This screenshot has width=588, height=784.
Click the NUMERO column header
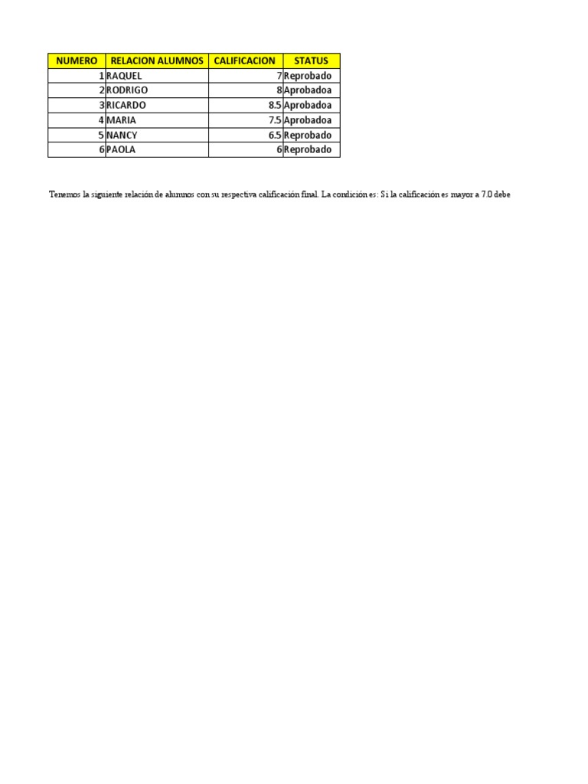[x=77, y=60]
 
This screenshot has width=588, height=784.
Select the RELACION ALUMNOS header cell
[x=157, y=60]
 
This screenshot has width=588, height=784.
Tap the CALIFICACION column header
[x=245, y=60]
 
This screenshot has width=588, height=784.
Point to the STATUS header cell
[x=311, y=60]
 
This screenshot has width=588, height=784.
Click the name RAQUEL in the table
[x=124, y=76]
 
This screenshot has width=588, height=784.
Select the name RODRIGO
[x=127, y=90]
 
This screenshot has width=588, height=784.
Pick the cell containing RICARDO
[x=126, y=105]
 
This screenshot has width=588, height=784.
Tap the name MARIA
[x=121, y=120]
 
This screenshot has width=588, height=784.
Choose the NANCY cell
[x=122, y=135]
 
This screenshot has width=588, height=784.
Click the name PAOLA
[x=121, y=149]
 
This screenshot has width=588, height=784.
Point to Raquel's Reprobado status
[x=308, y=76]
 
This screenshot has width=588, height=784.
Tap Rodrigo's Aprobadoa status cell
[x=308, y=90]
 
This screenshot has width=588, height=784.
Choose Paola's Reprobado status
[x=308, y=149]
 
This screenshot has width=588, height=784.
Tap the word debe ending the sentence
[x=502, y=194]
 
